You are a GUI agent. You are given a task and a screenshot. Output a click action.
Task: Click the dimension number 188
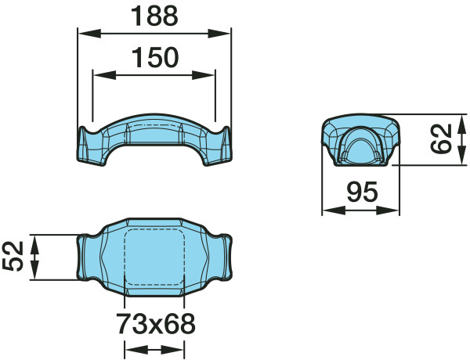point(154,16)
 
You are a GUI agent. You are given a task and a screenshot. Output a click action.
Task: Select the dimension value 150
point(155,57)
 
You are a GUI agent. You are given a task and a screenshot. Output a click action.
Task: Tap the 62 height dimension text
point(440,139)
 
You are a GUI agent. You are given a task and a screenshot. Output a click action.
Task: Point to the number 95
point(362,192)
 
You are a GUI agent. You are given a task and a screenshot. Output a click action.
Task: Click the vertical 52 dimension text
point(13,256)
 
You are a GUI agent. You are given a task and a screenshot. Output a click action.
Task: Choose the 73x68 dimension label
point(156,324)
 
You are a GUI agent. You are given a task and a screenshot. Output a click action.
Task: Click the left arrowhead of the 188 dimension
point(89,34)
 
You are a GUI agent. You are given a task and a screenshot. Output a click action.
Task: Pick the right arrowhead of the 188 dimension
point(219,34)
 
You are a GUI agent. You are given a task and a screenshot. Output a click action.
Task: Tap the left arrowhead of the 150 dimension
point(105,75)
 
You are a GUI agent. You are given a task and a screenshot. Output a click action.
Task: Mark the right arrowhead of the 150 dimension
point(204,75)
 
